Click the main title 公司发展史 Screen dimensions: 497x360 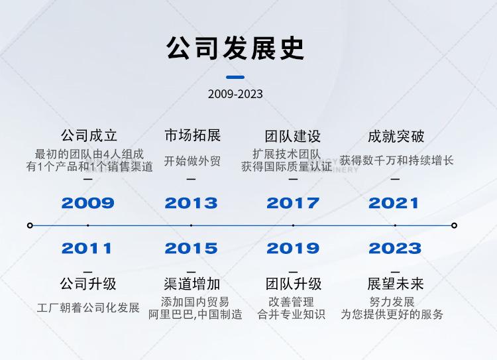pyautogui.click(x=235, y=48)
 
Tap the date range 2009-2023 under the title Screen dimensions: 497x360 pyautogui.click(x=235, y=94)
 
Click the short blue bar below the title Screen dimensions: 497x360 pyautogui.click(x=235, y=77)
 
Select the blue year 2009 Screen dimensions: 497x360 pyautogui.click(x=87, y=203)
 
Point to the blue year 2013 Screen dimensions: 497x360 pyautogui.click(x=191, y=203)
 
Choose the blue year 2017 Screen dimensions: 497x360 pyautogui.click(x=293, y=203)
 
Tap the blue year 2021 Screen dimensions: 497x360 pyautogui.click(x=394, y=203)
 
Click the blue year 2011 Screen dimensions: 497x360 pyautogui.click(x=87, y=248)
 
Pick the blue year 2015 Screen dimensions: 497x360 pyautogui.click(x=191, y=248)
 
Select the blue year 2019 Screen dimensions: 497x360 pyautogui.click(x=293, y=248)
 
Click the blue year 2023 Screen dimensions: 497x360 pyautogui.click(x=395, y=248)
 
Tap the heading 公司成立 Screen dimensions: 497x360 pyautogui.click(x=89, y=135)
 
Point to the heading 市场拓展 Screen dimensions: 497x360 pyautogui.click(x=192, y=135)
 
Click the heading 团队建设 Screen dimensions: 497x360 pyautogui.click(x=293, y=137)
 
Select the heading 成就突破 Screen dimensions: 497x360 pyautogui.click(x=396, y=137)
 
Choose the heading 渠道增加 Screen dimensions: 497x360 pyautogui.click(x=192, y=284)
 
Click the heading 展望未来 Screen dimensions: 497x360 pyautogui.click(x=395, y=284)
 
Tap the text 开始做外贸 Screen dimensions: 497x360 pyautogui.click(x=192, y=161)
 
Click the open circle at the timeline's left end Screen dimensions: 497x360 pyautogui.click(x=30, y=225)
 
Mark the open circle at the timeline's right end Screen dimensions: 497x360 pyautogui.click(x=454, y=225)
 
